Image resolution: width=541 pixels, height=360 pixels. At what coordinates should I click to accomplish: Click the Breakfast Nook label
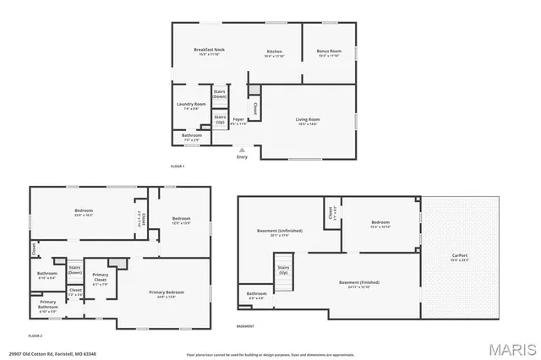[209, 51]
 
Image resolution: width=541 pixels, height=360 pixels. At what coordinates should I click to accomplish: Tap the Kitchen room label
[274, 52]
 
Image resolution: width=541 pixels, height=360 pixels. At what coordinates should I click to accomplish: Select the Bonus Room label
[328, 52]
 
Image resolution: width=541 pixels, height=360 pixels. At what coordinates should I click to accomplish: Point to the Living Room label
[307, 120]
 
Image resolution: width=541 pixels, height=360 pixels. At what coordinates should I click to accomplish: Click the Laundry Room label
[191, 106]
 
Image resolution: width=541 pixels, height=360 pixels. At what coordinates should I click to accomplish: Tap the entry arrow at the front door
[243, 150]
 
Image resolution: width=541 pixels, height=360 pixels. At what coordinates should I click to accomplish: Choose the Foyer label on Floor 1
[239, 121]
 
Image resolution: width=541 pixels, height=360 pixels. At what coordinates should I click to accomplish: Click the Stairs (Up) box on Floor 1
[220, 119]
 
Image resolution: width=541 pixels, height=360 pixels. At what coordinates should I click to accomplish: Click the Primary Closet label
[101, 276]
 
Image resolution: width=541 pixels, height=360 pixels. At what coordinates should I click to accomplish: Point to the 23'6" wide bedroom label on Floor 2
[83, 211]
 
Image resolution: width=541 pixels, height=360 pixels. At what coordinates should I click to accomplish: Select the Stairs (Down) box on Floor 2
[74, 270]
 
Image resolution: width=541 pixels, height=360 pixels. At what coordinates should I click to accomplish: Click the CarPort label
[461, 256]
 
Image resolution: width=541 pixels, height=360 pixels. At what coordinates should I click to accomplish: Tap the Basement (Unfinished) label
[279, 232]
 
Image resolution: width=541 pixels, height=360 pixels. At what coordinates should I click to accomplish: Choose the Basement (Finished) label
[358, 283]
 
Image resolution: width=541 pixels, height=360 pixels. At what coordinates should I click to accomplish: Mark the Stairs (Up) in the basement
[283, 271]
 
